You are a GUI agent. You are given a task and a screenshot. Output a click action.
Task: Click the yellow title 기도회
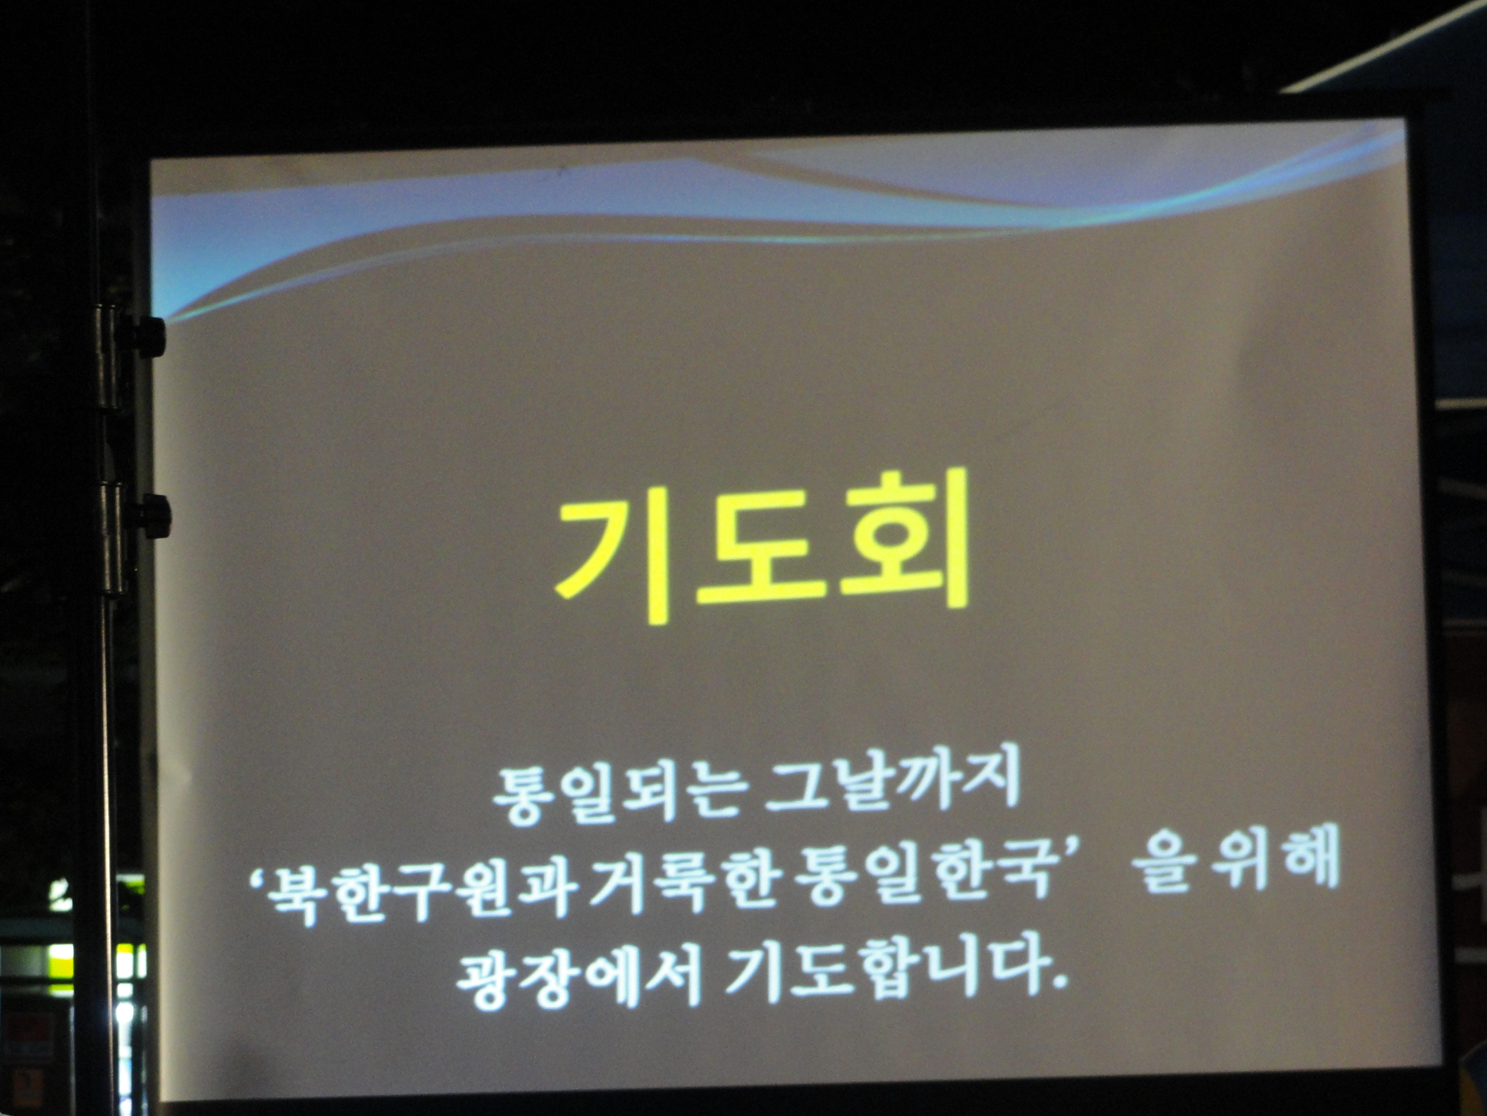(x=761, y=545)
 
